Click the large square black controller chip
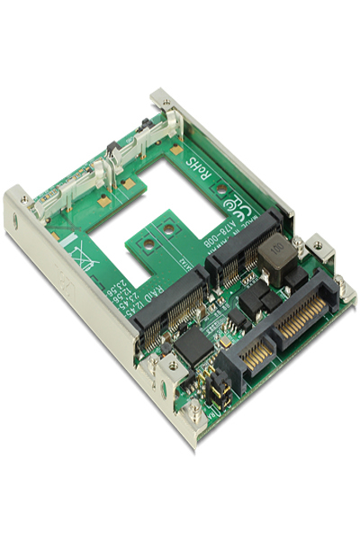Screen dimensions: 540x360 click(x=190, y=344)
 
